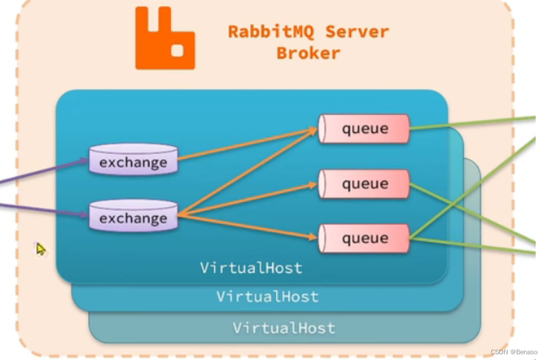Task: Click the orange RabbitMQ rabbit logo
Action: [164, 39]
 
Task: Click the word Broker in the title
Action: [308, 53]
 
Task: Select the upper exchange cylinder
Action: [133, 161]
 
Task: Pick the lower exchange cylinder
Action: [133, 217]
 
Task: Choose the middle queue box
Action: [364, 184]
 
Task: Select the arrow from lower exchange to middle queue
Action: [247, 199]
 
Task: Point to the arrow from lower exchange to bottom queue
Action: [247, 225]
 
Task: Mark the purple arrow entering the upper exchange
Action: [46, 170]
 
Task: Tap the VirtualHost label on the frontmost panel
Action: [251, 268]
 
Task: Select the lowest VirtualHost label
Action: [283, 328]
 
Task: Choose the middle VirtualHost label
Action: [267, 297]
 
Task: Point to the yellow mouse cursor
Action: [41, 248]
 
